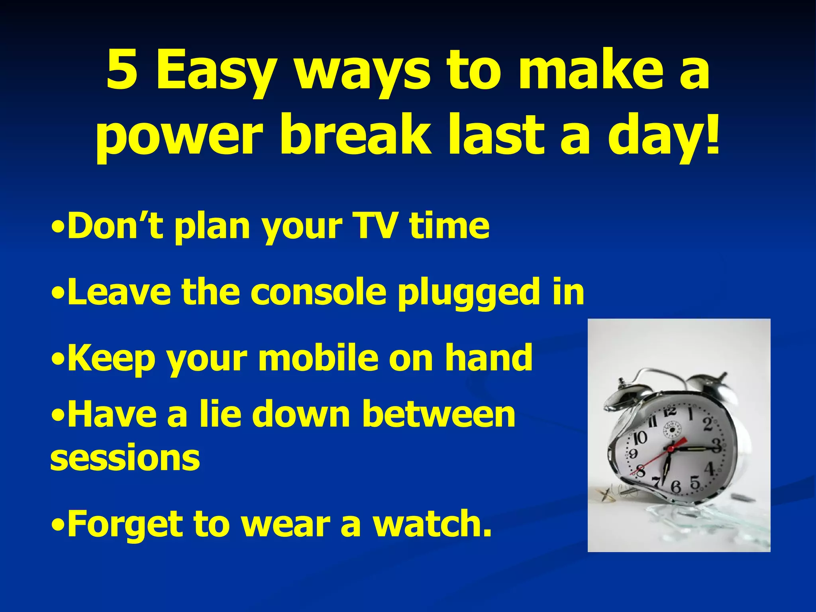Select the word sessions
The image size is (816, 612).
(125, 458)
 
